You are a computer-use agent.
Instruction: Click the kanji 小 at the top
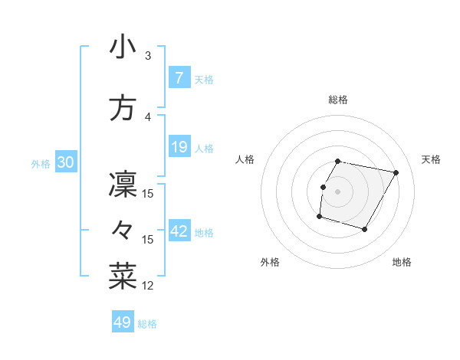[123, 47]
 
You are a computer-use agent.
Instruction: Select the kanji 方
[123, 109]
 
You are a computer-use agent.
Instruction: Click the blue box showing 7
[179, 78]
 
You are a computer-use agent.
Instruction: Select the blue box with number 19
[179, 147]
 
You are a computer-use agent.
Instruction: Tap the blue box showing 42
[179, 231]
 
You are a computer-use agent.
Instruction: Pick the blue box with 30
[65, 163]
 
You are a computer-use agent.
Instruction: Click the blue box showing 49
[122, 322]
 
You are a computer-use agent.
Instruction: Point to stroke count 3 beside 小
[148, 56]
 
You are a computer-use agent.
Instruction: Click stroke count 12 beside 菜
[148, 286]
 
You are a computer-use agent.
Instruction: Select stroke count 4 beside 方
[148, 117]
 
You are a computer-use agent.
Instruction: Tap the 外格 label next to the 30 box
[41, 164]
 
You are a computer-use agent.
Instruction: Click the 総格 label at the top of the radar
[338, 100]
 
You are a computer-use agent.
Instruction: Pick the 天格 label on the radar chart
[432, 159]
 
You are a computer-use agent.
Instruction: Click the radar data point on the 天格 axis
[396, 173]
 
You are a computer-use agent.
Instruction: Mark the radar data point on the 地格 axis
[365, 230]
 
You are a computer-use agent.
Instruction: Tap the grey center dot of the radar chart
[338, 191]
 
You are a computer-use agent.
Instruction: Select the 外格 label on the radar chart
[270, 262]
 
